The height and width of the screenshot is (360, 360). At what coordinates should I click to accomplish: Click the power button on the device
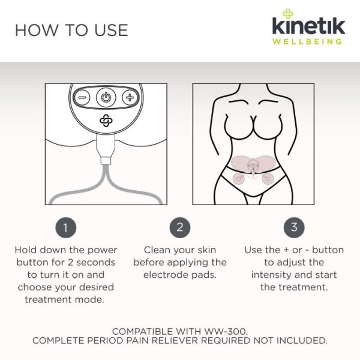point(106,98)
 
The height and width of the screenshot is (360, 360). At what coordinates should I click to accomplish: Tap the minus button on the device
point(82,98)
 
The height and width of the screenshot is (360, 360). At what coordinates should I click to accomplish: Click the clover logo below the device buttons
point(106,121)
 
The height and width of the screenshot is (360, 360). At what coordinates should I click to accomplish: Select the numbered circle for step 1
point(66,227)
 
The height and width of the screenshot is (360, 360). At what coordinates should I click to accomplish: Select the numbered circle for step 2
point(180,227)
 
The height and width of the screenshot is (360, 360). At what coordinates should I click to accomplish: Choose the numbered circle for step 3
point(294,227)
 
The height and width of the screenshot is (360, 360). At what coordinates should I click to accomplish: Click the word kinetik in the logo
point(309,26)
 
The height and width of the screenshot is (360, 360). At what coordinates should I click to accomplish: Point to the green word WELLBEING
point(307,41)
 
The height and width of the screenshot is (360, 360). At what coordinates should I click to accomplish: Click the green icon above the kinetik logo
point(287,14)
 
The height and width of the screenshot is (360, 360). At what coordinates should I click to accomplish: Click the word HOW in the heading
point(37,31)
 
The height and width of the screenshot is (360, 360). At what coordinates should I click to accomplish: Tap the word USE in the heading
point(112,31)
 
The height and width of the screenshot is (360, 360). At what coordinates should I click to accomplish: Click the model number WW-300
point(226,332)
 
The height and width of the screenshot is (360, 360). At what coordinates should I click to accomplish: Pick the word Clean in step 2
point(158,250)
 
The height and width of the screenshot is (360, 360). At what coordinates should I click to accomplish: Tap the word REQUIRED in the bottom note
point(226,341)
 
